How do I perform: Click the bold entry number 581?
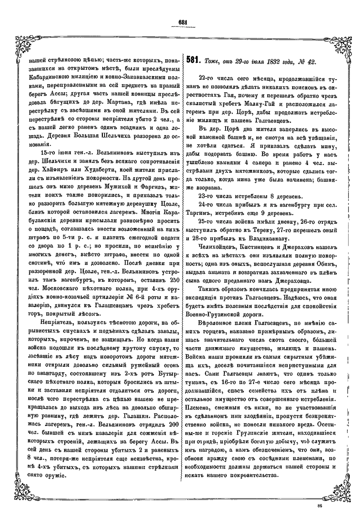[193, 61]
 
